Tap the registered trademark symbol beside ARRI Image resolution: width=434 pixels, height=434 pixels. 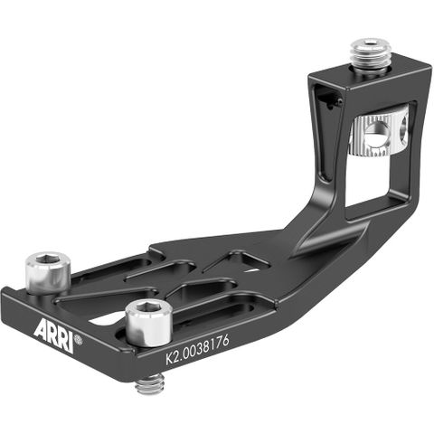click(x=80, y=341)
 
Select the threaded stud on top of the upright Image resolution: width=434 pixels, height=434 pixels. click(x=371, y=54)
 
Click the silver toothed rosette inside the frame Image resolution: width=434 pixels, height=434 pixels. click(x=378, y=136)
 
